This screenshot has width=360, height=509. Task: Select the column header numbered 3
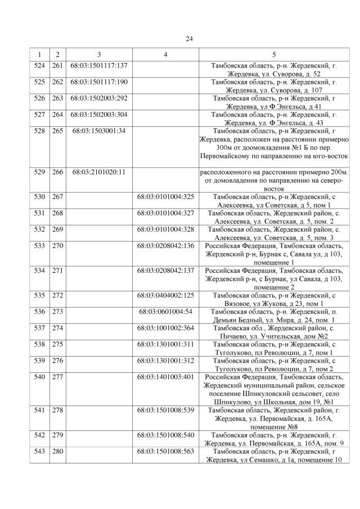tap(98, 55)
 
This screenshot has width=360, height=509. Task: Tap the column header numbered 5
tap(274, 55)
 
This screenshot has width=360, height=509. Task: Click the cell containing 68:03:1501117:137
tap(99, 66)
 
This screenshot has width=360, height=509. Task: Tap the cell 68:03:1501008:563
tap(166, 451)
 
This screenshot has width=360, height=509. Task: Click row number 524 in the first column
tap(39, 66)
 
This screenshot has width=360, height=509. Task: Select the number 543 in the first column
tap(39, 451)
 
